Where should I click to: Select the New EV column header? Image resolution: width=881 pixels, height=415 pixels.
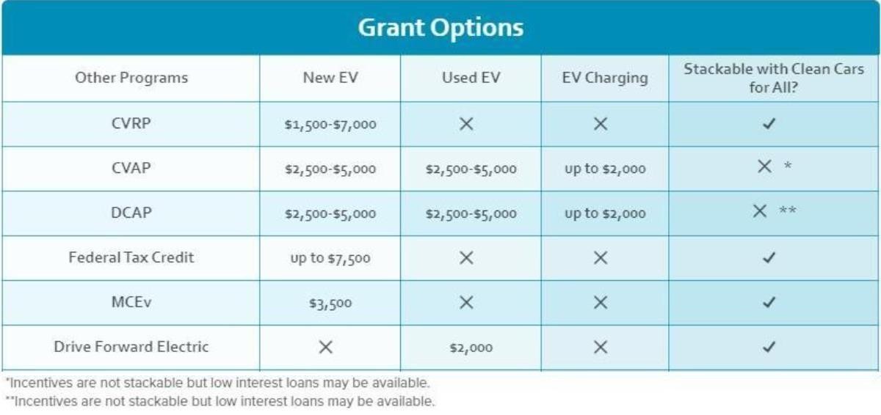[330, 78]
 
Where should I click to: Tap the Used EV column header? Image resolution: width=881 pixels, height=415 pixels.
[471, 78]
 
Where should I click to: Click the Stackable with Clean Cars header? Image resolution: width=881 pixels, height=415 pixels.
[774, 78]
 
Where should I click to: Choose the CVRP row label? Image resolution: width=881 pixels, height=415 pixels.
[131, 123]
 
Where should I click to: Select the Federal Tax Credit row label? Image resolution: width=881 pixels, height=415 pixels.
[131, 257]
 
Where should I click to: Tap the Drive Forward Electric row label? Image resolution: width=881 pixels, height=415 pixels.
[131, 347]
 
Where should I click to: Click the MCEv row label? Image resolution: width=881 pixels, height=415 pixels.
[131, 302]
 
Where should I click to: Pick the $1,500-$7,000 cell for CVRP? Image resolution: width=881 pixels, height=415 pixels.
[330, 125]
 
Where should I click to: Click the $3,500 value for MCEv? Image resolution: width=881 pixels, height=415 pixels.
[330, 303]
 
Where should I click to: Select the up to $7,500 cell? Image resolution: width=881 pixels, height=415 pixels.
[330, 258]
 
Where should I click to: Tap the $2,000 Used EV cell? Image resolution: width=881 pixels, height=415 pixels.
[471, 348]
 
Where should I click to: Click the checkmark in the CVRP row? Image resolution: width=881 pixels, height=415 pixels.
[769, 124]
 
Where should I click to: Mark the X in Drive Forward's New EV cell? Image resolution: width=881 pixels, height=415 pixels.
[326, 347]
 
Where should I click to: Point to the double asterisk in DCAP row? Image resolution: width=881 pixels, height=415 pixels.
[788, 210]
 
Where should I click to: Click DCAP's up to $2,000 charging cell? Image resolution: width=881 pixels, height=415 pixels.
[605, 213]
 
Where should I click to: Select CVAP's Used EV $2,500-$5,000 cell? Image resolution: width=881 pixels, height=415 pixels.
[471, 169]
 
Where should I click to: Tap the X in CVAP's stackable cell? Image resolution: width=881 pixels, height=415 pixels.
[764, 166]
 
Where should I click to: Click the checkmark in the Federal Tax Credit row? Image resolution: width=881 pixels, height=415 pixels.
[769, 257]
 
